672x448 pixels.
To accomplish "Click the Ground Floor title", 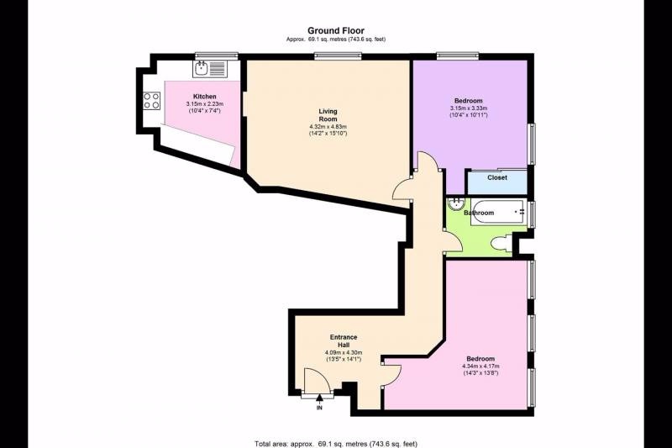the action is click(x=336, y=30).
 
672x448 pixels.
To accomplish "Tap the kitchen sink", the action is click(x=208, y=69).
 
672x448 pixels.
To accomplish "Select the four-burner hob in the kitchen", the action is click(x=152, y=100).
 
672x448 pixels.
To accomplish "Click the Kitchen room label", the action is click(x=204, y=97).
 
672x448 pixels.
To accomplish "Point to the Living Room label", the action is click(x=328, y=115).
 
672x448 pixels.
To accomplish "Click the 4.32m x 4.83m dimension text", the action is click(x=328, y=127).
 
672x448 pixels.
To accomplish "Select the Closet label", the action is click(x=497, y=177).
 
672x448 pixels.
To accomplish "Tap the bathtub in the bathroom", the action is click(x=498, y=212).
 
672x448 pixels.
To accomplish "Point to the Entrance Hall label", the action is click(x=344, y=341).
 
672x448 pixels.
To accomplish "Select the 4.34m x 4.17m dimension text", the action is click(x=480, y=366).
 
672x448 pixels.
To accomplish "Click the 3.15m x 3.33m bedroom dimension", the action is click(x=469, y=108).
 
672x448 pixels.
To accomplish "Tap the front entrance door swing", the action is click(x=318, y=381).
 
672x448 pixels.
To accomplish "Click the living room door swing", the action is click(x=403, y=190).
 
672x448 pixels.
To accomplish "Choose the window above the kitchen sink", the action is click(x=217, y=55).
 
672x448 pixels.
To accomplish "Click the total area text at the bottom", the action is click(x=336, y=444).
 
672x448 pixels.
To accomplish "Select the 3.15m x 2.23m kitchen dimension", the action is click(x=204, y=103).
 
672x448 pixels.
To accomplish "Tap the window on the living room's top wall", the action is click(x=338, y=55).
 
